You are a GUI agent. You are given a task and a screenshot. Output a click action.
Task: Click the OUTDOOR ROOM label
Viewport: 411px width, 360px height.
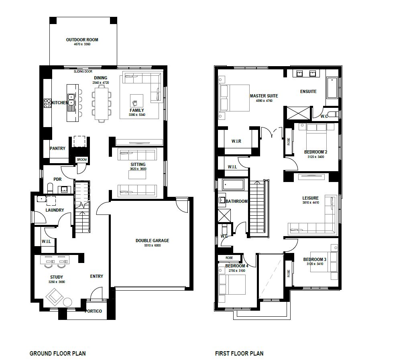(x=82, y=40)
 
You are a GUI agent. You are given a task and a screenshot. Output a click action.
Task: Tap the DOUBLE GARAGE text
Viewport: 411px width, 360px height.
(x=152, y=241)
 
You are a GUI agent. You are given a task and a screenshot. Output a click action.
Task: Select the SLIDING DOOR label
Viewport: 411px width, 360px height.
(x=83, y=71)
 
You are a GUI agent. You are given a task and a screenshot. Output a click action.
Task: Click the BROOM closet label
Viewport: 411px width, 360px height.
(x=82, y=160)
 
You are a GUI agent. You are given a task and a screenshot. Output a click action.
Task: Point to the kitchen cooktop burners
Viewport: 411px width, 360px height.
(x=47, y=103)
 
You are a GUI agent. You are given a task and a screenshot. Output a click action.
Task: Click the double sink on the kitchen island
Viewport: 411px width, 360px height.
(x=71, y=100)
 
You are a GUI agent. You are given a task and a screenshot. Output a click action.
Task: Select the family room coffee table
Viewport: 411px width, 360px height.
(x=136, y=101)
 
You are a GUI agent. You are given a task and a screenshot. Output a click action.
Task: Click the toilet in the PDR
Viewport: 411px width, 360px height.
(x=50, y=188)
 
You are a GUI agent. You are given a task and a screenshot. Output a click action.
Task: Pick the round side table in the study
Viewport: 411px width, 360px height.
(x=67, y=302)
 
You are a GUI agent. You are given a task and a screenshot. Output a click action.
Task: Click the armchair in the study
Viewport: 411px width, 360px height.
(x=55, y=297)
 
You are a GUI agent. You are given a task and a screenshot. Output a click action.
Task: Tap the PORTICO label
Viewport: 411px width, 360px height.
(x=93, y=311)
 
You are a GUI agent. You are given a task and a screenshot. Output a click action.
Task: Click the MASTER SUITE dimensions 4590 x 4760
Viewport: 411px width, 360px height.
(x=264, y=101)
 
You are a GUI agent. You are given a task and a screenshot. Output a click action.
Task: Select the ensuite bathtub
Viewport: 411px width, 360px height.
(x=332, y=88)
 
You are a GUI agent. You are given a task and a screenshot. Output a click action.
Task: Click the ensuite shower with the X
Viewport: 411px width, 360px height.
(x=298, y=113)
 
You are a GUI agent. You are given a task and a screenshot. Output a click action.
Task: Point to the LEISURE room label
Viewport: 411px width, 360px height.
(x=311, y=198)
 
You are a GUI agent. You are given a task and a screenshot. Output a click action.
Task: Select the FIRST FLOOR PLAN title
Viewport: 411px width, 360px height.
(x=239, y=354)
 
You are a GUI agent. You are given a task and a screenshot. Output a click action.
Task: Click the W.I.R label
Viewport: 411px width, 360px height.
(x=236, y=141)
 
